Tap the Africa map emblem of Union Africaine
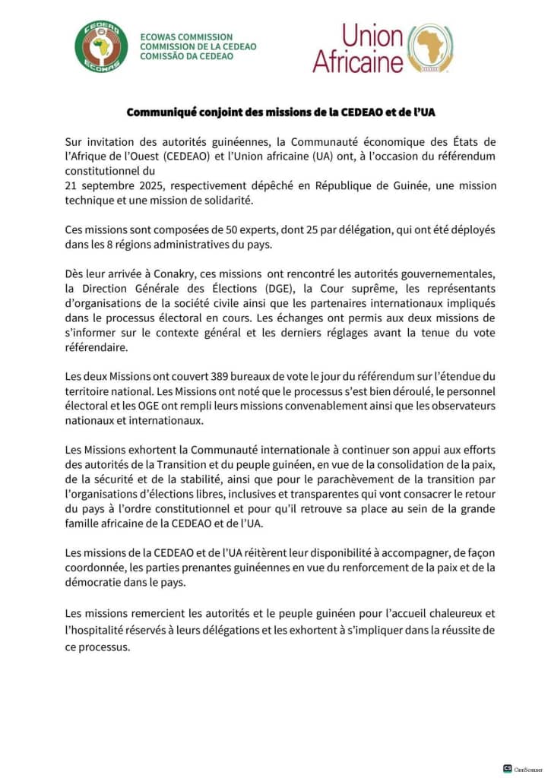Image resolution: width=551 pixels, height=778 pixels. coord(430,47)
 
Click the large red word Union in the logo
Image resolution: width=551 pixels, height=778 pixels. coord(372,35)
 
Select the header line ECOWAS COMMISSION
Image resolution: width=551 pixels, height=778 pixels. coord(186,36)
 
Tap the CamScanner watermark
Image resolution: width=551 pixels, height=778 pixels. coord(527,770)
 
